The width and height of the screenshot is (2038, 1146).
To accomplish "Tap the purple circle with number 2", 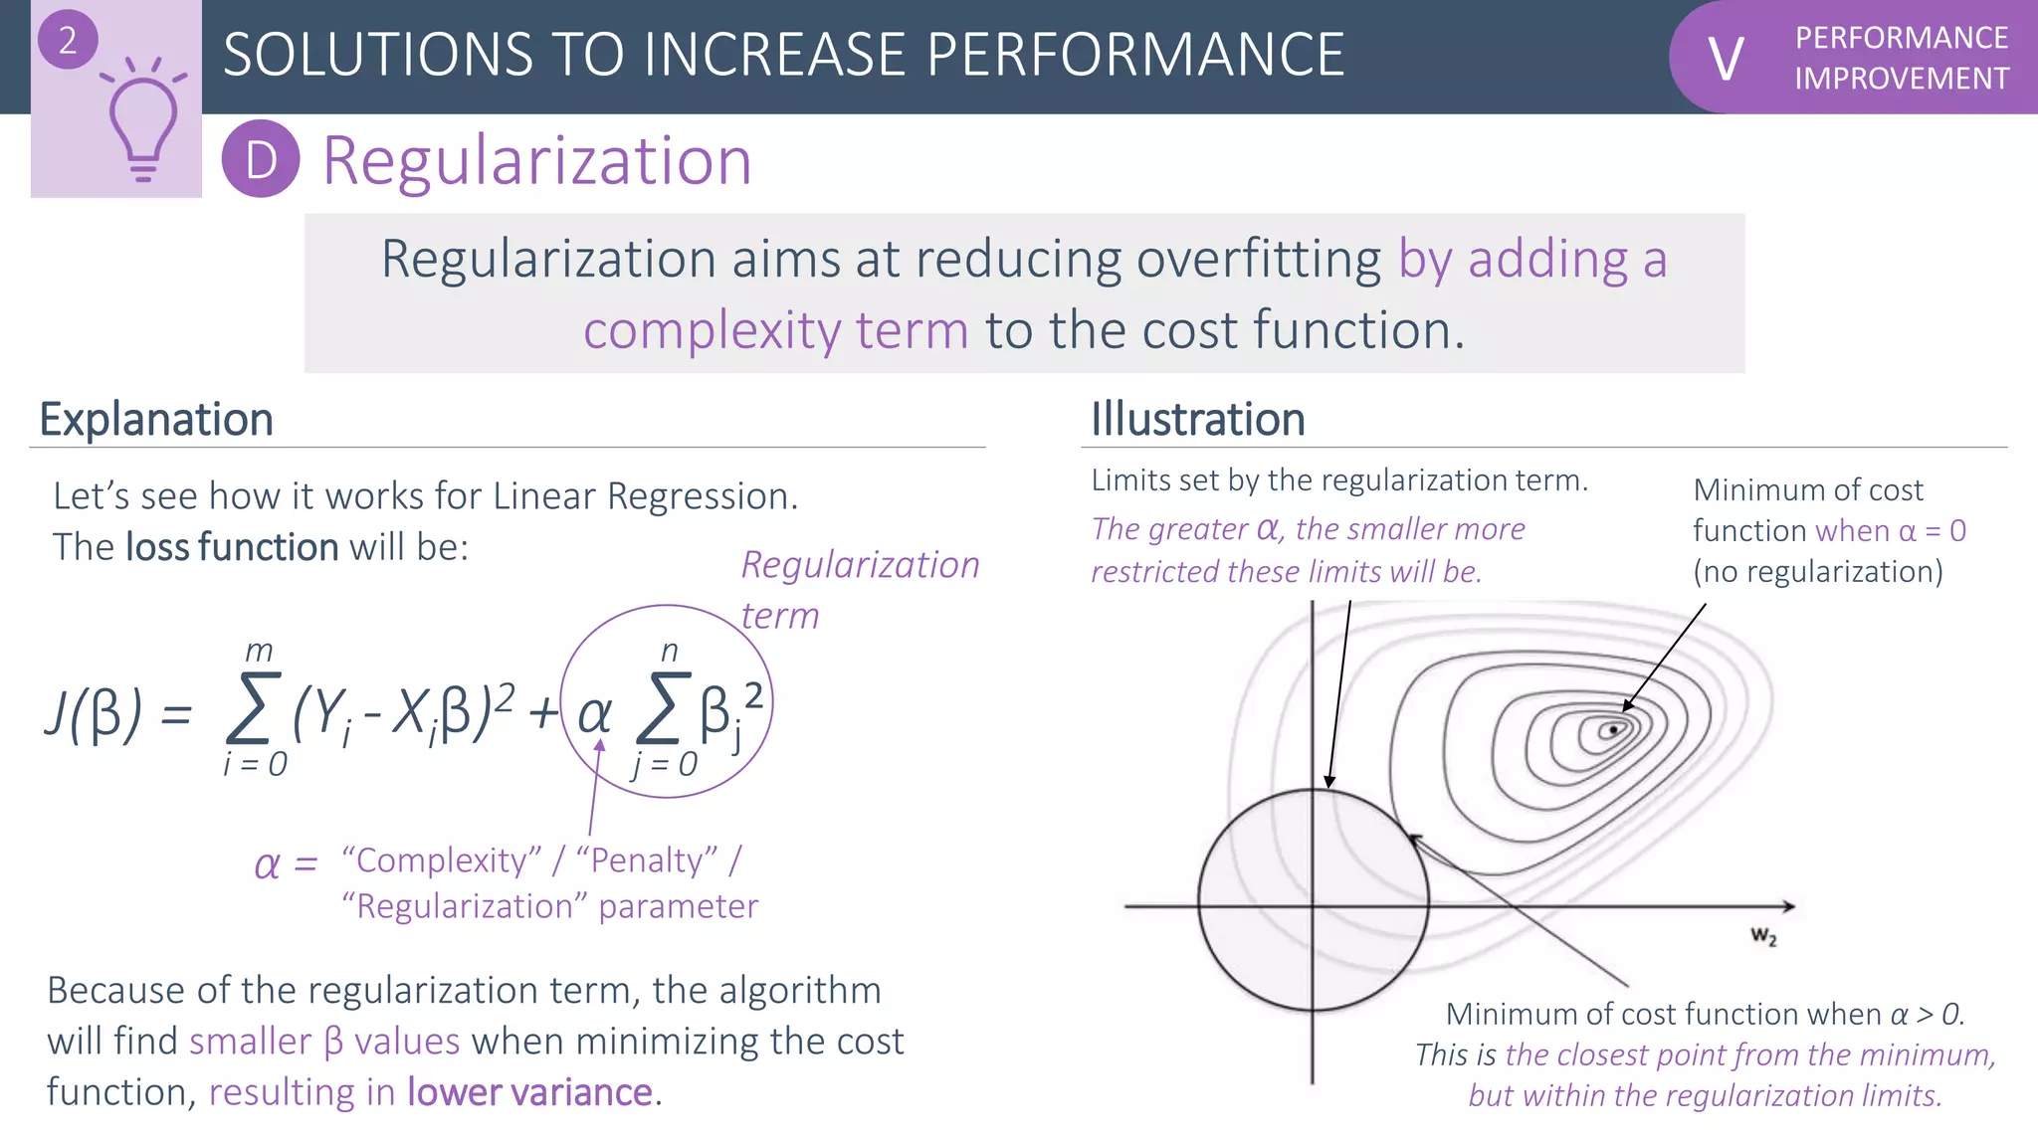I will point(67,40).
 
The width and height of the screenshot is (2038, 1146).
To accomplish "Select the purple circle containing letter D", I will point(261,159).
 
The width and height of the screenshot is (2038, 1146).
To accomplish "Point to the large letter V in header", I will point(1726,59).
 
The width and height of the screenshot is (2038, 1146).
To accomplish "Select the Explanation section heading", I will point(156,420).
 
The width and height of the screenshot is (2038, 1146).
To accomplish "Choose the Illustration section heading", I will point(1197,420).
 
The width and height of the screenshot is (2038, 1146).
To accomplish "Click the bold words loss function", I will point(232,547).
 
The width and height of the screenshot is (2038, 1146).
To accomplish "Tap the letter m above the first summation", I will point(259,652).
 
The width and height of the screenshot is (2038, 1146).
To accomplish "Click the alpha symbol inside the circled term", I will point(594,713).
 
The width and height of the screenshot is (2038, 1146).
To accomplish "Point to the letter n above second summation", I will point(670,652).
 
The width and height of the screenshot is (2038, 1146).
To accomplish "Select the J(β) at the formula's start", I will point(94,713).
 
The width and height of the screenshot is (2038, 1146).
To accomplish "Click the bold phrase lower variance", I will point(529,1092).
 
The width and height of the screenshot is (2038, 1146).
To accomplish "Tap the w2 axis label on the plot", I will point(1763,936).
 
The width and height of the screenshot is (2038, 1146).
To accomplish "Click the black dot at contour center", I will point(1614,730).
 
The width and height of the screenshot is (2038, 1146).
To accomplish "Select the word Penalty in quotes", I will point(647,859).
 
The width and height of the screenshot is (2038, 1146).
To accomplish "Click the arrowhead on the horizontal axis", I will point(1788,906).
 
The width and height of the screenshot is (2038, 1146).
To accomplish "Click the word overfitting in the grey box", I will point(1259,260).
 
